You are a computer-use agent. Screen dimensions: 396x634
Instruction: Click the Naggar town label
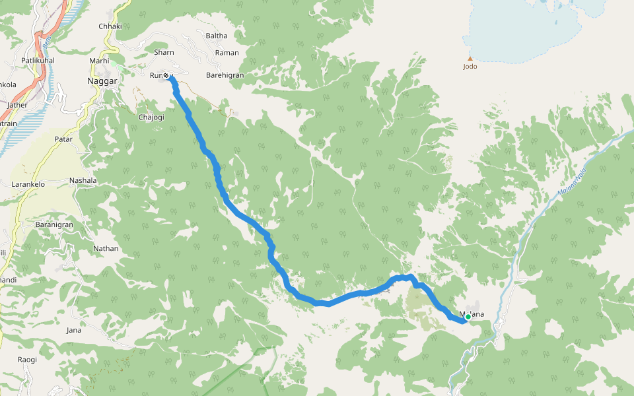(102, 81)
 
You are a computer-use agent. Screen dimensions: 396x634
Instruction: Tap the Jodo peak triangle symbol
(470, 59)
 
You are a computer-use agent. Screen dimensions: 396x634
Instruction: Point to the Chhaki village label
(110, 26)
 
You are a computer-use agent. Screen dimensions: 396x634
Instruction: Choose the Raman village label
(227, 52)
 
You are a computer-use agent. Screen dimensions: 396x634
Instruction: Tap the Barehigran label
(225, 75)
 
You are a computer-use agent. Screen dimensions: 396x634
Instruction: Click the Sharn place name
(164, 52)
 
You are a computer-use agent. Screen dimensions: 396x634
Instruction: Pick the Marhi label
(99, 61)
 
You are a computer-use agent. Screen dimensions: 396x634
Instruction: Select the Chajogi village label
(151, 117)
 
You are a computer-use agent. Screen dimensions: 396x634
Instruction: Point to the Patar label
(63, 140)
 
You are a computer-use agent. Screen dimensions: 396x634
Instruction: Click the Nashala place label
(83, 180)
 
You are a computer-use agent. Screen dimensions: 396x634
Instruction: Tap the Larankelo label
(28, 184)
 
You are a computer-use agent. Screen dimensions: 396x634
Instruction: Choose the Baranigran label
(55, 224)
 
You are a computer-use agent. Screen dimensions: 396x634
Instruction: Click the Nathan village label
(106, 249)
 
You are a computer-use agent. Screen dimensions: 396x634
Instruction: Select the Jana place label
(74, 330)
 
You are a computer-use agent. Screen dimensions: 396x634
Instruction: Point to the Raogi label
(28, 360)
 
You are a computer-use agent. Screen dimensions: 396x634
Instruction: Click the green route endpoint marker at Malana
(468, 317)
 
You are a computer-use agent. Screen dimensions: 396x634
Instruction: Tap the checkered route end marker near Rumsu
(166, 75)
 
